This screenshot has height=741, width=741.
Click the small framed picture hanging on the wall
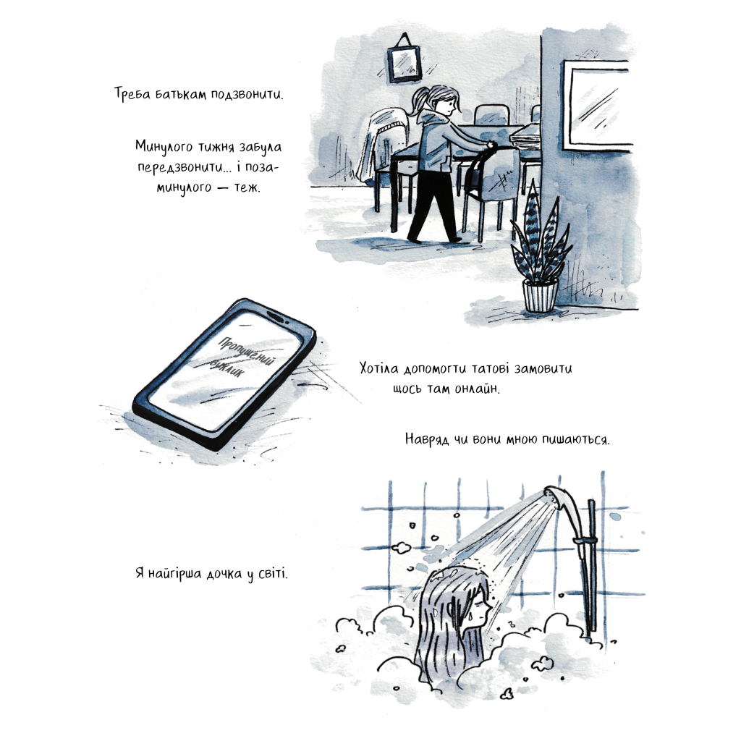pos(404,62)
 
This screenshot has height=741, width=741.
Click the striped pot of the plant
pos(541,295)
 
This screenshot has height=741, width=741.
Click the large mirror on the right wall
pos(596,105)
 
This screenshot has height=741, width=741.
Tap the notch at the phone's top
pos(278,317)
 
